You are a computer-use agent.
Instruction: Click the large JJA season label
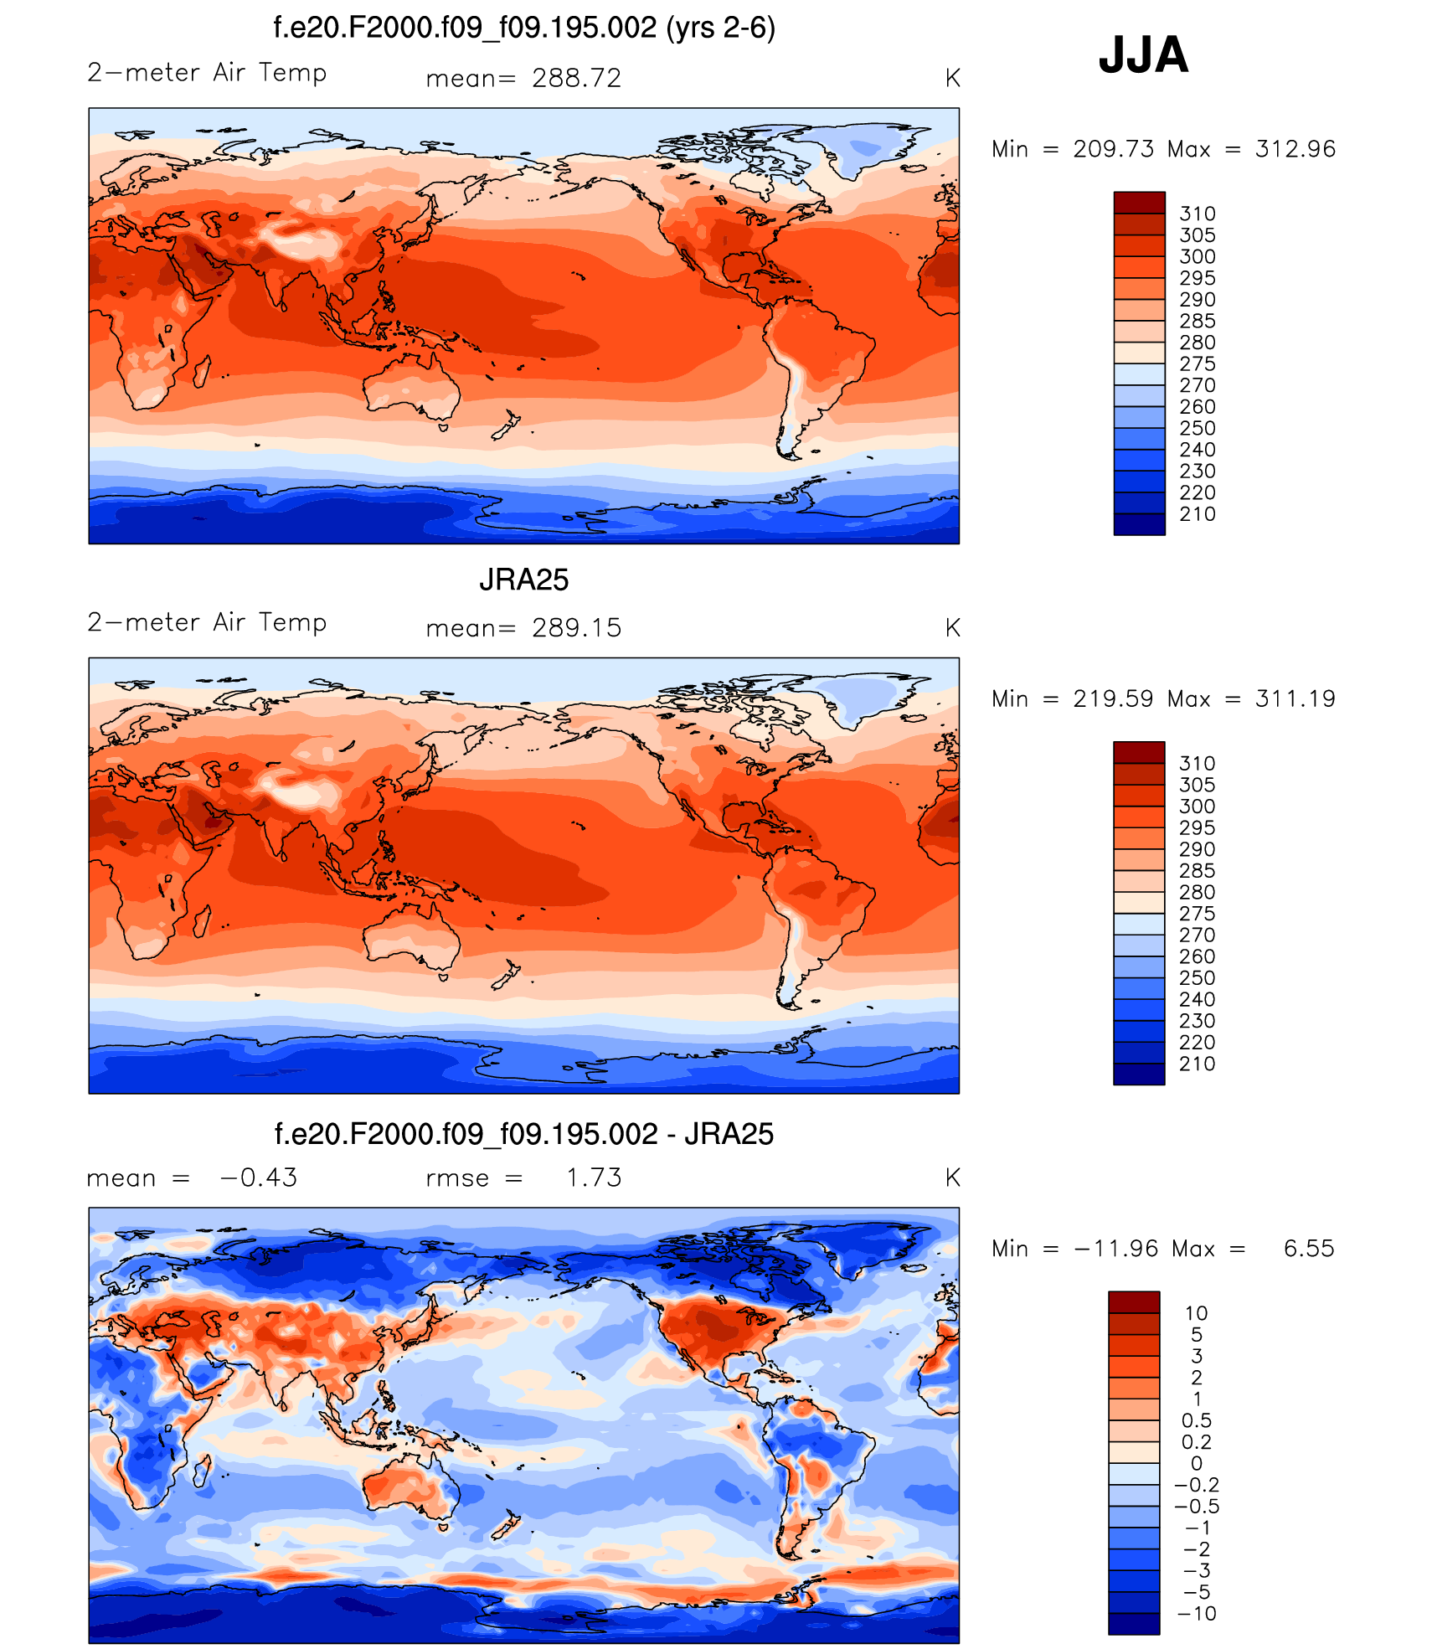pyautogui.click(x=1143, y=55)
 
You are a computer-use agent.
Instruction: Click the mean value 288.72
pyautogui.click(x=576, y=78)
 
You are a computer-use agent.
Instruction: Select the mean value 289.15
pyautogui.click(x=576, y=627)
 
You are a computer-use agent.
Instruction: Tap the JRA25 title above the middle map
pyautogui.click(x=523, y=580)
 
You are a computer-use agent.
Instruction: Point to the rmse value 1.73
pyautogui.click(x=594, y=1177)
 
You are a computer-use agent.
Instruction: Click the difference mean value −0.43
pyautogui.click(x=258, y=1177)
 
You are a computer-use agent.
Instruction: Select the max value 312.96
pyautogui.click(x=1295, y=149)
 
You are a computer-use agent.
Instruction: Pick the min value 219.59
pyautogui.click(x=1113, y=698)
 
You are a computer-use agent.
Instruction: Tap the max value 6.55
pyautogui.click(x=1308, y=1249)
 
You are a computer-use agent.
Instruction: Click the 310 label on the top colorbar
pyautogui.click(x=1197, y=214)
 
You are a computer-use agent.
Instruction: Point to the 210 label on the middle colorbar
pyautogui.click(x=1197, y=1064)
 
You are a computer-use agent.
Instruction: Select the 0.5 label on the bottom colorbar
pyautogui.click(x=1197, y=1420)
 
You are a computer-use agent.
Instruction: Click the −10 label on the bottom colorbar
pyautogui.click(x=1197, y=1613)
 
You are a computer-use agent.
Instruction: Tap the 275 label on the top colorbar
pyautogui.click(x=1197, y=363)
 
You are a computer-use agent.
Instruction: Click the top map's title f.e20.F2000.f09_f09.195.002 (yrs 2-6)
pyautogui.click(x=524, y=28)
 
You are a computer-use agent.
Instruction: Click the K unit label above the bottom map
pyautogui.click(x=952, y=1177)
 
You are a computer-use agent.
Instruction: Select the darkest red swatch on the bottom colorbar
pyautogui.click(x=1134, y=1301)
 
